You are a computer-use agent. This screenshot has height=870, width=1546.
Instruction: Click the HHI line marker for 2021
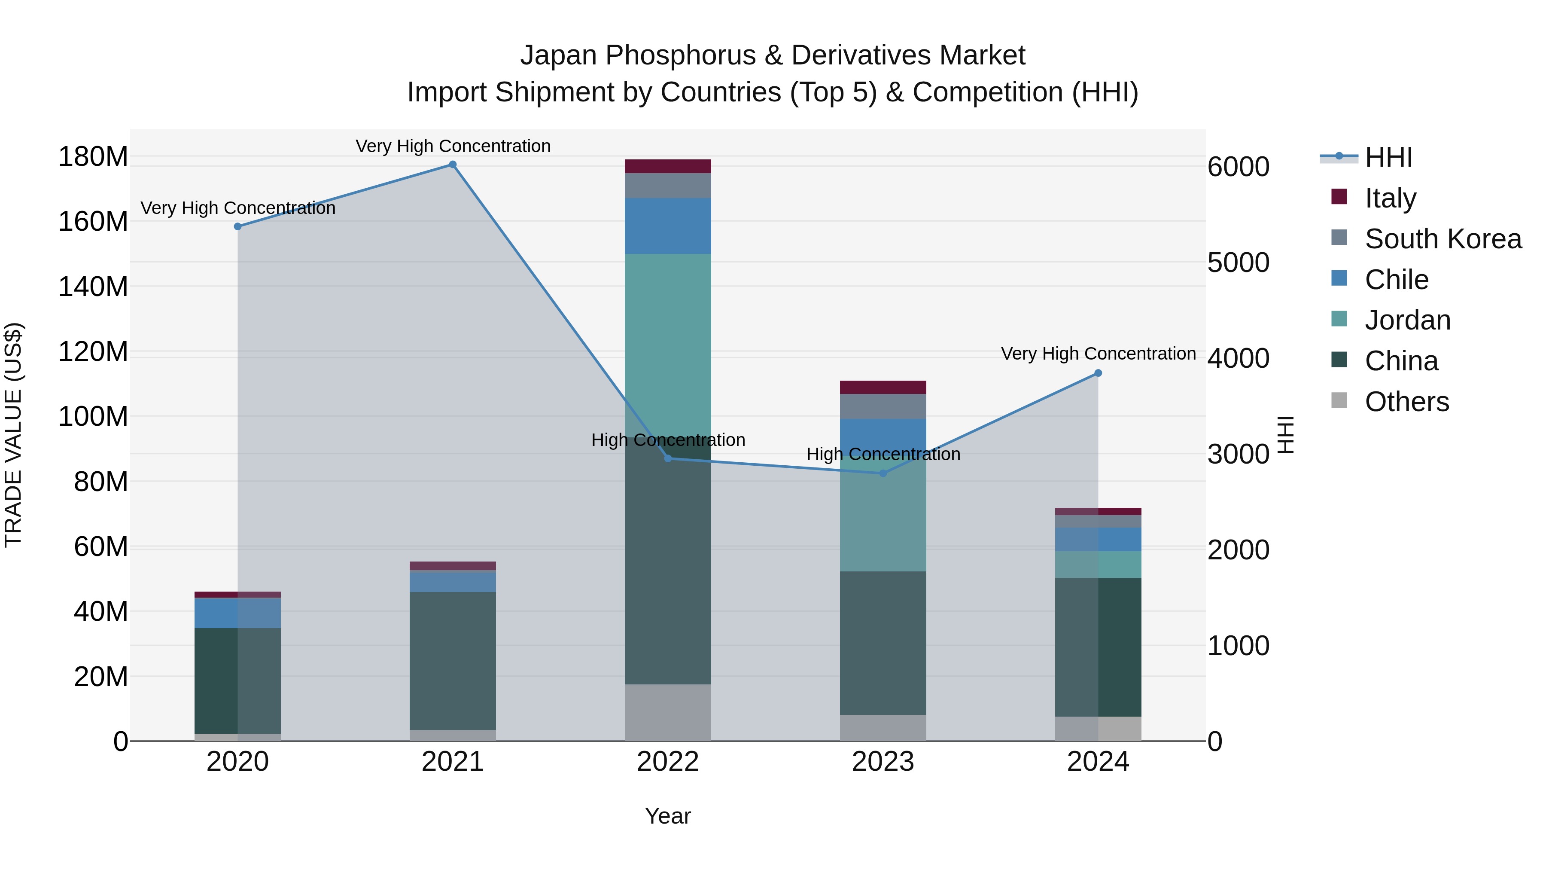(453, 165)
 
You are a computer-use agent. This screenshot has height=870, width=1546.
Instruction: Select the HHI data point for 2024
(1098, 373)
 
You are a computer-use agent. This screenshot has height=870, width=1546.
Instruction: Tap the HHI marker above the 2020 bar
(237, 226)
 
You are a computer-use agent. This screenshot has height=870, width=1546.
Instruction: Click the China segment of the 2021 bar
(453, 660)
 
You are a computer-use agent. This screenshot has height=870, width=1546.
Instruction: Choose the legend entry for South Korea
(1443, 239)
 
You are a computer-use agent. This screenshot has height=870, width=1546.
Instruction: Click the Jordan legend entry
(1407, 320)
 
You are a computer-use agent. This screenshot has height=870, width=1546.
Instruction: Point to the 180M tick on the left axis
(93, 157)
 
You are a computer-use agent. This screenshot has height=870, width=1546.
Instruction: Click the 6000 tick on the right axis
(1238, 167)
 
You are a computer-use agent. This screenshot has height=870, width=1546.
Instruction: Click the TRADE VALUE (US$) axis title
(13, 435)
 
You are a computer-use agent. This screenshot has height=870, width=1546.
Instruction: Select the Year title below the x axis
(667, 816)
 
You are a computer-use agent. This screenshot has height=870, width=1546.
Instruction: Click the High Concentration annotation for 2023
(883, 455)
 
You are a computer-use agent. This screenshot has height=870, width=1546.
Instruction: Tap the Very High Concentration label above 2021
(453, 146)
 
